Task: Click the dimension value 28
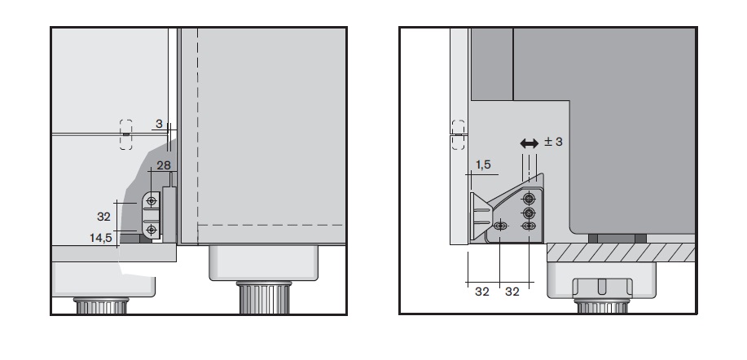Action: tap(164, 165)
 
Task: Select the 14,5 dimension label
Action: tap(100, 238)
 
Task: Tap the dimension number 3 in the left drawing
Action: tap(159, 125)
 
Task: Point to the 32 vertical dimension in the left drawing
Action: tap(103, 217)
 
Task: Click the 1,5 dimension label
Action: tap(482, 165)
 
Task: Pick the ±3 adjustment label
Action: tap(554, 142)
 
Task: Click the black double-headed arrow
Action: tap(529, 143)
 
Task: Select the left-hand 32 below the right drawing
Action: tap(482, 292)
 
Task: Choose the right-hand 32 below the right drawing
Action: tap(512, 292)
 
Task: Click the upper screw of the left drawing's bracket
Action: tap(152, 201)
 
